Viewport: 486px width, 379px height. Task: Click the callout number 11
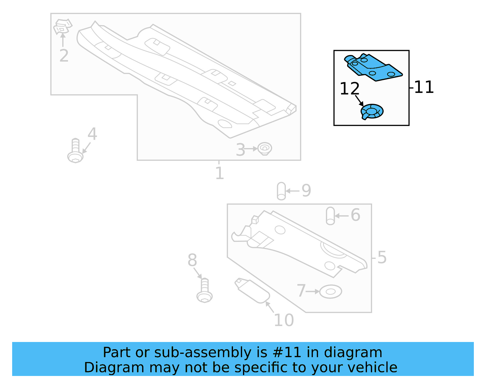pyautogui.click(x=424, y=87)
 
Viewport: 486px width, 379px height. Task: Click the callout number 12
pyautogui.click(x=349, y=89)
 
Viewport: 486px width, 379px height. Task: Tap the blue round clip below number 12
pyautogui.click(x=372, y=111)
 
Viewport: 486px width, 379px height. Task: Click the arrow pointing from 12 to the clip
pyautogui.click(x=359, y=100)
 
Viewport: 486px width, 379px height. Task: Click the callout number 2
pyautogui.click(x=64, y=56)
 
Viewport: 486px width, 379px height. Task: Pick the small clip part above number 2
pyautogui.click(x=62, y=27)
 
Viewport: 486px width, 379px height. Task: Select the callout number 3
pyautogui.click(x=240, y=150)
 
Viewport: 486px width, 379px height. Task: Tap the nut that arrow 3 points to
pyautogui.click(x=265, y=149)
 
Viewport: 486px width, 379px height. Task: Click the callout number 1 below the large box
pyautogui.click(x=219, y=173)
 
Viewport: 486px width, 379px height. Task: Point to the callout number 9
pyautogui.click(x=306, y=191)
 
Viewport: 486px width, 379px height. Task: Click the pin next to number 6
pyautogui.click(x=330, y=216)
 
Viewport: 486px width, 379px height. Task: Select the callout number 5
pyautogui.click(x=382, y=257)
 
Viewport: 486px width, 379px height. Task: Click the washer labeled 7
pyautogui.click(x=330, y=292)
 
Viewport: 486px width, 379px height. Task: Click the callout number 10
pyautogui.click(x=284, y=320)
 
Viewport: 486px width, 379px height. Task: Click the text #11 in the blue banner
pyautogui.click(x=287, y=353)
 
